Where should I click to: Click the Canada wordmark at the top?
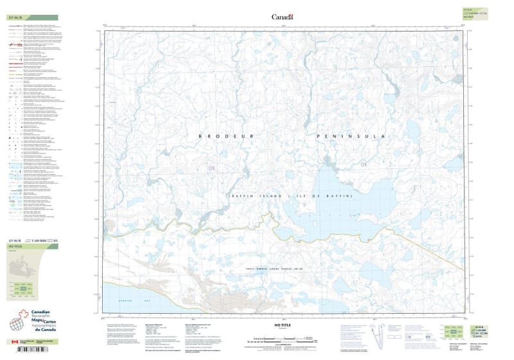tap(282, 17)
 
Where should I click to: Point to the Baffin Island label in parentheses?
tap(290, 195)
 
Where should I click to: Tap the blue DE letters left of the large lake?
tap(213, 168)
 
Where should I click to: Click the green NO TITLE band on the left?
tap(31, 246)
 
